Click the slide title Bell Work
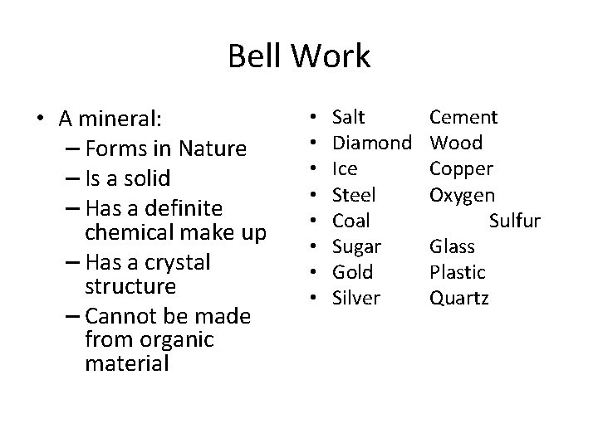pos(299,57)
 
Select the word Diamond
pos(371,144)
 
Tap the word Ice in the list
pos(344,169)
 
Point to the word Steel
pos(352,195)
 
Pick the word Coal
pos(350,221)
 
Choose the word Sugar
pos(356,247)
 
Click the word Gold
pos(352,272)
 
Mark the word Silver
pos(355,298)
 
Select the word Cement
pos(463,118)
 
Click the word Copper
pos(461,169)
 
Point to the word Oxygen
pos(462,196)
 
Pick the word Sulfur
pos(515,221)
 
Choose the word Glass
pos(452,246)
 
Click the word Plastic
pos(456,272)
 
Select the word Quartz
pos(458,298)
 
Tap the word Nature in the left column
pos(215,149)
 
